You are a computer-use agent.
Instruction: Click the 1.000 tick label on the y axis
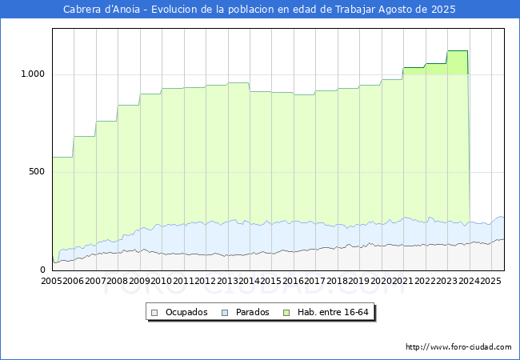click(33, 74)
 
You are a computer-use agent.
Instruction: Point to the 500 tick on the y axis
click(37, 172)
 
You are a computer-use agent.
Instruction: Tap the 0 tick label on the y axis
click(42, 270)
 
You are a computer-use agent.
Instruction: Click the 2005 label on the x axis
click(51, 281)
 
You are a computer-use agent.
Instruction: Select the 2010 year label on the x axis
click(161, 281)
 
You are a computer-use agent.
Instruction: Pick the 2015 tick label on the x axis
click(271, 281)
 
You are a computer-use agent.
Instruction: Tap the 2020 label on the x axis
click(381, 281)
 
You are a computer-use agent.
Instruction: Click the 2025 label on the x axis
click(490, 281)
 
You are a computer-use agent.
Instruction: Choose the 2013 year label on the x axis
click(227, 281)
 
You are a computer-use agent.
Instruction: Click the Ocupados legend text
click(186, 312)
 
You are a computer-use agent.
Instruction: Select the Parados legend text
click(252, 312)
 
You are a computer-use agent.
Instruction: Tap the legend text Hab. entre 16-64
click(333, 312)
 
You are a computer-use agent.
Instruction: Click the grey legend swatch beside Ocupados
click(154, 313)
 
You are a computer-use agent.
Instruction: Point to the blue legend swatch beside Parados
click(225, 313)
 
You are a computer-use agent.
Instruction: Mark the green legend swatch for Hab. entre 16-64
click(286, 313)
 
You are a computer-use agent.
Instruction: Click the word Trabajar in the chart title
click(355, 10)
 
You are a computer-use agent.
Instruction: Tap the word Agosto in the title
click(395, 10)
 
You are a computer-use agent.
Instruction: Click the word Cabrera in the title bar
click(82, 10)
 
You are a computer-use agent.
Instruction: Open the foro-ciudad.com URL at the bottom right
click(458, 347)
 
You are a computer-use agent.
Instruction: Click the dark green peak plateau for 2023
click(458, 51)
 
